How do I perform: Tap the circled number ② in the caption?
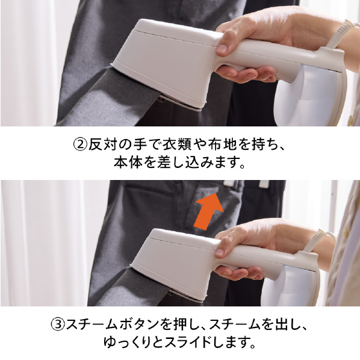click(81, 145)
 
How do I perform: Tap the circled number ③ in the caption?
click(58, 324)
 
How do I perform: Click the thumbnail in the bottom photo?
click(220, 252)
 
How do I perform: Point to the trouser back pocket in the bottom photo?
click(149, 191)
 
